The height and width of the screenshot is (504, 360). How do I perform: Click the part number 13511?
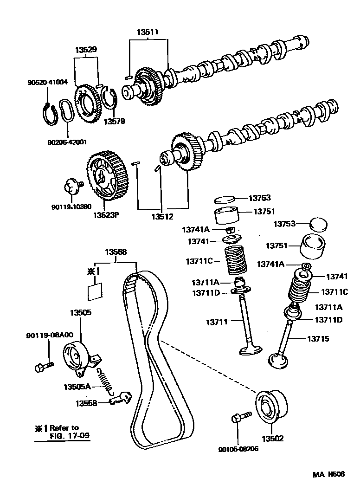tap(148, 32)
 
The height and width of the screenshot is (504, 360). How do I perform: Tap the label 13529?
tap(86, 50)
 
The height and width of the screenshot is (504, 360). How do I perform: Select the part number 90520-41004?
tap(47, 83)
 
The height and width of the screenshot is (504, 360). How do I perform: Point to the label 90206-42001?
tap(67, 142)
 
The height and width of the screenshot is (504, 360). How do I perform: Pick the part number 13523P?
tap(106, 215)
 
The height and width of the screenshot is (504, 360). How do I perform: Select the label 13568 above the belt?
tap(116, 252)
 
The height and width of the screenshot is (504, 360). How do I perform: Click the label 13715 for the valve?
tap(318, 339)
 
